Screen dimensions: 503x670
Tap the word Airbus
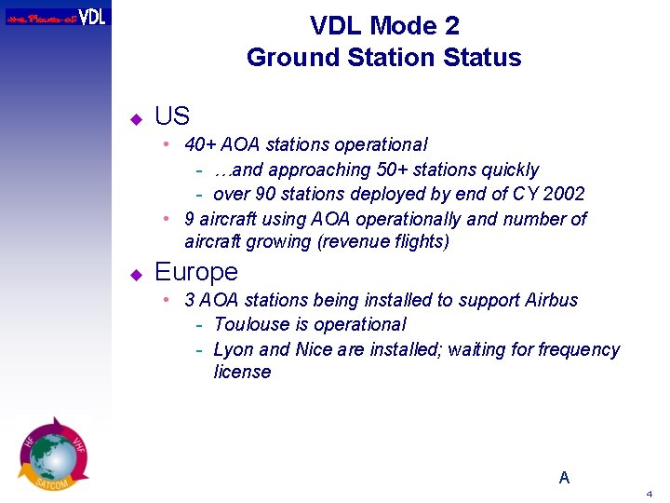pyautogui.click(x=552, y=300)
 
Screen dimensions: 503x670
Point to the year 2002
pyautogui.click(x=563, y=194)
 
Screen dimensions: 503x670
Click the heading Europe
pyautogui.click(x=196, y=272)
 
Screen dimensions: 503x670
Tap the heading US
pyautogui.click(x=172, y=116)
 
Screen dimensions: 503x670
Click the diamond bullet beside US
pyautogui.click(x=135, y=118)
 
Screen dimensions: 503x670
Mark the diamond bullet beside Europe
pyautogui.click(x=135, y=274)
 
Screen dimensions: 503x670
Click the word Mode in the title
pyautogui.click(x=402, y=25)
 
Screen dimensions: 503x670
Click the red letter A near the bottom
pyautogui.click(x=564, y=478)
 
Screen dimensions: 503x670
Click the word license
pyautogui.click(x=242, y=372)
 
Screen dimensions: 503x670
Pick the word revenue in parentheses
pyautogui.click(x=349, y=242)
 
